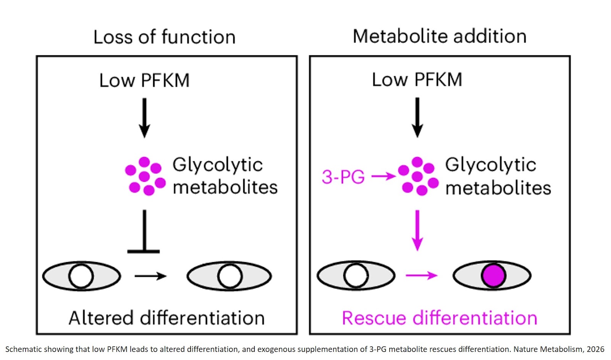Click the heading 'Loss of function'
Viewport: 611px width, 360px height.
(164, 37)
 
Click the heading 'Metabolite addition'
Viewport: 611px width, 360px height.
(440, 36)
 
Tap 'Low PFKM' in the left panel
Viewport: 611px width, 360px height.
(144, 81)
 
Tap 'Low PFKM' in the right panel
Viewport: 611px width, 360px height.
(417, 80)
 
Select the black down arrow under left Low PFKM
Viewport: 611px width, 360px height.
(144, 118)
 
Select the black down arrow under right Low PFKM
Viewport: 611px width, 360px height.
(417, 117)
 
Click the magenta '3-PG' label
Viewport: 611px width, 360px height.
(343, 177)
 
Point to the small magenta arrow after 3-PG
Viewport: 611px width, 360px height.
(383, 176)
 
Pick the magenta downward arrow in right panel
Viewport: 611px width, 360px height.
(417, 230)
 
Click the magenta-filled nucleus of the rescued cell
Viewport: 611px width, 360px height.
(493, 276)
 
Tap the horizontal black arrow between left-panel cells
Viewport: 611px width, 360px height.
(150, 276)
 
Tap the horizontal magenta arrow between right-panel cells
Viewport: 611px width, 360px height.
(421, 275)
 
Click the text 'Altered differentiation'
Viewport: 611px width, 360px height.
(166, 318)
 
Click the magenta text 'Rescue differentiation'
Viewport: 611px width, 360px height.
(440, 318)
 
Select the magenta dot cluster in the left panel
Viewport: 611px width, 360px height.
(145, 176)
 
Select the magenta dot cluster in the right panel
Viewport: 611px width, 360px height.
(418, 176)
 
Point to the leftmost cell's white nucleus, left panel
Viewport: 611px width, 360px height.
(81, 276)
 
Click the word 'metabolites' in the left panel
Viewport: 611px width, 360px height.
(225, 187)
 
